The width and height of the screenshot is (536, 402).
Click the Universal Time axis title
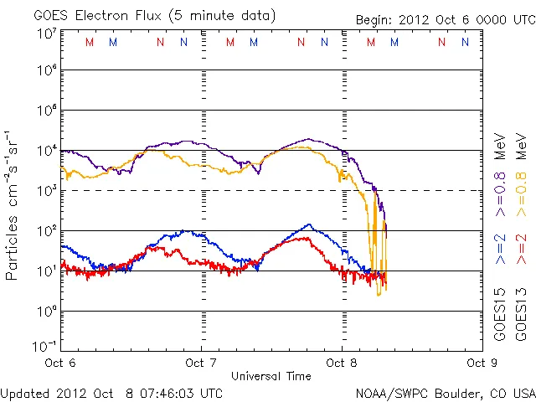coord(271,376)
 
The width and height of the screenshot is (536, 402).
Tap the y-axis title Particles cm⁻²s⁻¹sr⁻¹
coord(12,205)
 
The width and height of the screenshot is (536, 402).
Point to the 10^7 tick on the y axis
coord(46,34)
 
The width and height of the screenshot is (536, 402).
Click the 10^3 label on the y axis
coord(46,191)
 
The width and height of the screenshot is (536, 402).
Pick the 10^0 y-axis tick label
coord(46,311)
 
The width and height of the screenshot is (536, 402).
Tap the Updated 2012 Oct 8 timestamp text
coord(111,392)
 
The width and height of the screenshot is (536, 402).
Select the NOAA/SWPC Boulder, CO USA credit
coord(445,392)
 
